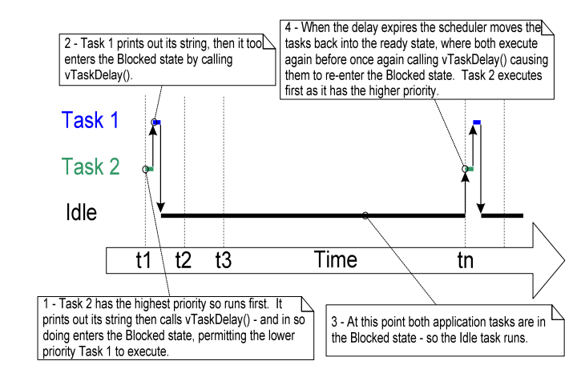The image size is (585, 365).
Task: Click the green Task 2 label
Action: [91, 167]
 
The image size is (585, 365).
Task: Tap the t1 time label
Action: [143, 259]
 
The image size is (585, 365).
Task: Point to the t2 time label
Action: [184, 259]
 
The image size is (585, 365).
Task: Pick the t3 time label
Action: [224, 259]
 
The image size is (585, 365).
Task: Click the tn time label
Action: [465, 259]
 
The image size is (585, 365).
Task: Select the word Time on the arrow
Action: [335, 259]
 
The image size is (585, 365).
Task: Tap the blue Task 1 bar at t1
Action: [157, 122]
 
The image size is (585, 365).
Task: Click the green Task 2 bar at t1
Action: [150, 169]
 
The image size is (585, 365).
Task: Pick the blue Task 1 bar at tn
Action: [477, 122]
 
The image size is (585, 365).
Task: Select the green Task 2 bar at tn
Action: [470, 169]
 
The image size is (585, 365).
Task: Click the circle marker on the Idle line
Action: [365, 215]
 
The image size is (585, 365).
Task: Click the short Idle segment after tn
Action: [502, 215]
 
